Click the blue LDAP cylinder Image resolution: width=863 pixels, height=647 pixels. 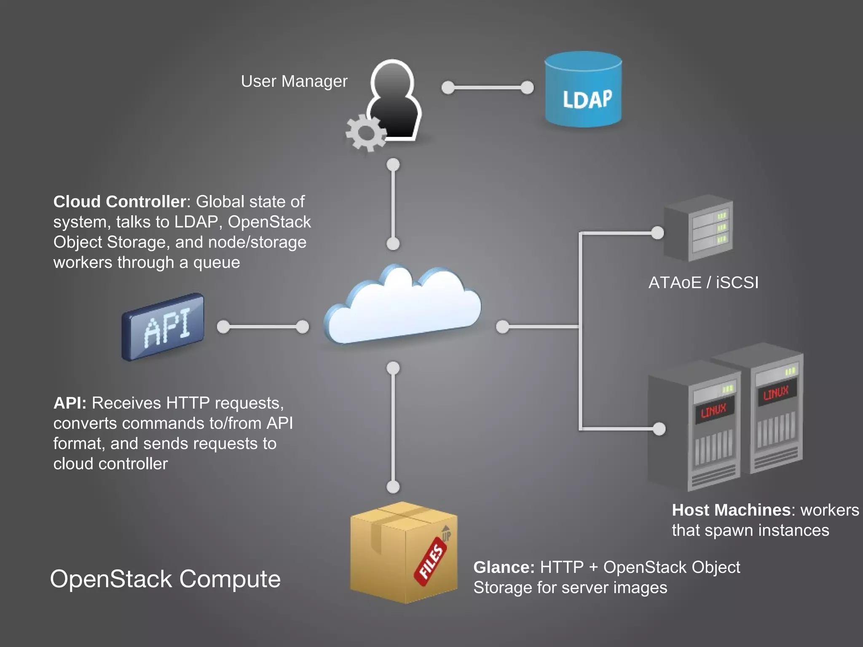[x=583, y=91]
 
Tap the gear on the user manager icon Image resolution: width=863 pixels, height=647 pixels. [x=365, y=133]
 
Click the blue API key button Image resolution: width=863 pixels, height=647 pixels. [x=163, y=327]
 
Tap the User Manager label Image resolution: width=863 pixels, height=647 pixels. [x=294, y=81]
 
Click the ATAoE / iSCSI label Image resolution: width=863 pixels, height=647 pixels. [x=703, y=283]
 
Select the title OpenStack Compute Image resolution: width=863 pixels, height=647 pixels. [x=165, y=579]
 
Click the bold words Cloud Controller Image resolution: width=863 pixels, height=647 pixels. [x=119, y=202]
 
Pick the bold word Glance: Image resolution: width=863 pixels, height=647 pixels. [x=504, y=567]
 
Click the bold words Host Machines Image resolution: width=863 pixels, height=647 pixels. [x=731, y=510]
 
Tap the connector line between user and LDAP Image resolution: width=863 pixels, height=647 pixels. [x=488, y=88]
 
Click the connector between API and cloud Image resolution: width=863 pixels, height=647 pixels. [x=263, y=327]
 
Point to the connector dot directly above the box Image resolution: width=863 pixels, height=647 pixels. [x=393, y=487]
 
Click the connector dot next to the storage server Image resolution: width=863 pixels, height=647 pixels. [x=657, y=233]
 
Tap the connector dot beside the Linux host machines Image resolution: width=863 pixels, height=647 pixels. [x=659, y=429]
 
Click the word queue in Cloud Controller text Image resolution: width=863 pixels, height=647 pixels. [x=216, y=263]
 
